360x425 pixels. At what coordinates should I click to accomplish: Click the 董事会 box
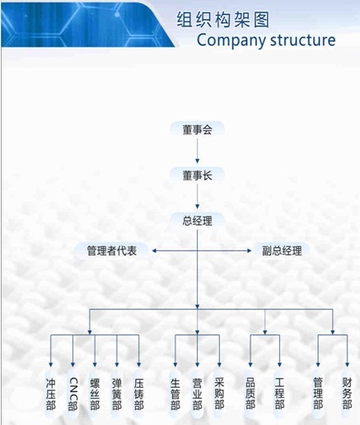[x=197, y=129]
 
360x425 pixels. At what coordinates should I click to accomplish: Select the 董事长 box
[x=197, y=175]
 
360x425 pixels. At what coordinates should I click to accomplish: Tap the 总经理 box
[x=197, y=221]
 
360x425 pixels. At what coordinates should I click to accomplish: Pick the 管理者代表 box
[x=112, y=250]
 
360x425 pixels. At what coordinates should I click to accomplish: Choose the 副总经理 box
[x=282, y=250]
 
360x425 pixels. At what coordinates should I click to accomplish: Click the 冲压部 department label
[x=50, y=394]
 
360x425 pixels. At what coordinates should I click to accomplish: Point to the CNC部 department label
[x=72, y=394]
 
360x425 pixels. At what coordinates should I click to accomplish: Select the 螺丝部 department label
[x=95, y=394]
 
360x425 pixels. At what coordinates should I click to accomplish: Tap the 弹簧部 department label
[x=117, y=394]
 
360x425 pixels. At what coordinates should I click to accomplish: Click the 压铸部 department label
[x=139, y=394]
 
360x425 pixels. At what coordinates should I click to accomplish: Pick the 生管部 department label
[x=175, y=394]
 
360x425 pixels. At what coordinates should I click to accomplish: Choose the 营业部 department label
[x=197, y=394]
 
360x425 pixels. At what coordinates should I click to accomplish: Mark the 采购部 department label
[x=219, y=394]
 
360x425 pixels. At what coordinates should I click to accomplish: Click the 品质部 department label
[x=250, y=394]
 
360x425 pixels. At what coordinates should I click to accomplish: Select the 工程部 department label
[x=279, y=394]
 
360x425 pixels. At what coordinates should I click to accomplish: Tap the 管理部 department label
[x=318, y=394]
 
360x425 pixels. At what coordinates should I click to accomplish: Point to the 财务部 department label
[x=347, y=394]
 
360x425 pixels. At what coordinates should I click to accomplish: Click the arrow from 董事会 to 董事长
[x=197, y=151]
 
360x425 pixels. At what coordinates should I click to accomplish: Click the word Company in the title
[x=231, y=40]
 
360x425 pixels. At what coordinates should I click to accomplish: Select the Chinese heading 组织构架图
[x=222, y=20]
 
